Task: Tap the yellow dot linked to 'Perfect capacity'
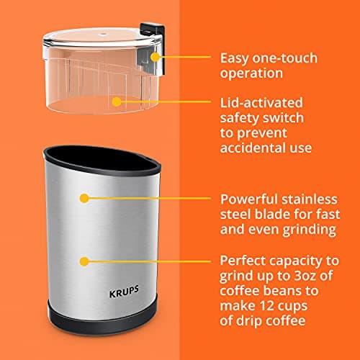85,260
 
